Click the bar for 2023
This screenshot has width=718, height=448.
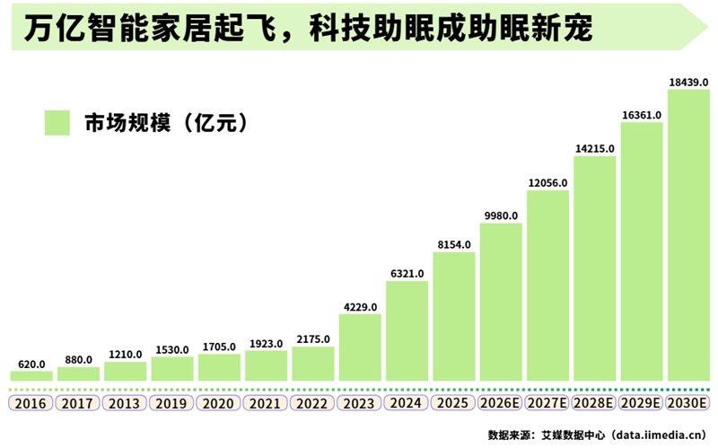tap(360, 347)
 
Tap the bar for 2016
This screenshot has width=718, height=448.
tap(31, 375)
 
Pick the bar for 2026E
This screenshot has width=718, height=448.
tap(501, 302)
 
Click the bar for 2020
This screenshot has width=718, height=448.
tap(219, 367)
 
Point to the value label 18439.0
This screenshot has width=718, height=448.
tap(689, 82)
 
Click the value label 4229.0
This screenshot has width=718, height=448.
tap(360, 306)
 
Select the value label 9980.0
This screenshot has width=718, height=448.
tap(501, 215)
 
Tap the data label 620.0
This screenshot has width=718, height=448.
tap(31, 364)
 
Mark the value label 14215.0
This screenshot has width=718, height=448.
tap(595, 149)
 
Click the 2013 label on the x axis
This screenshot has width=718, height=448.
tap(125, 403)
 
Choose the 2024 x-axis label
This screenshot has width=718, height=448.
tap(407, 403)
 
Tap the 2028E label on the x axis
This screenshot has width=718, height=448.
tap(595, 403)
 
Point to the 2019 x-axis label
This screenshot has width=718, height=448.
tap(172, 403)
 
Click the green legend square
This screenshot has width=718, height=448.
tap(57, 123)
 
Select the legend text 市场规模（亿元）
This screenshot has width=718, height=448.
tap(165, 124)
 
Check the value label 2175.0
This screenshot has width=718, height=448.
tap(313, 339)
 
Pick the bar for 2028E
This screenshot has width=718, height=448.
tap(595, 268)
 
